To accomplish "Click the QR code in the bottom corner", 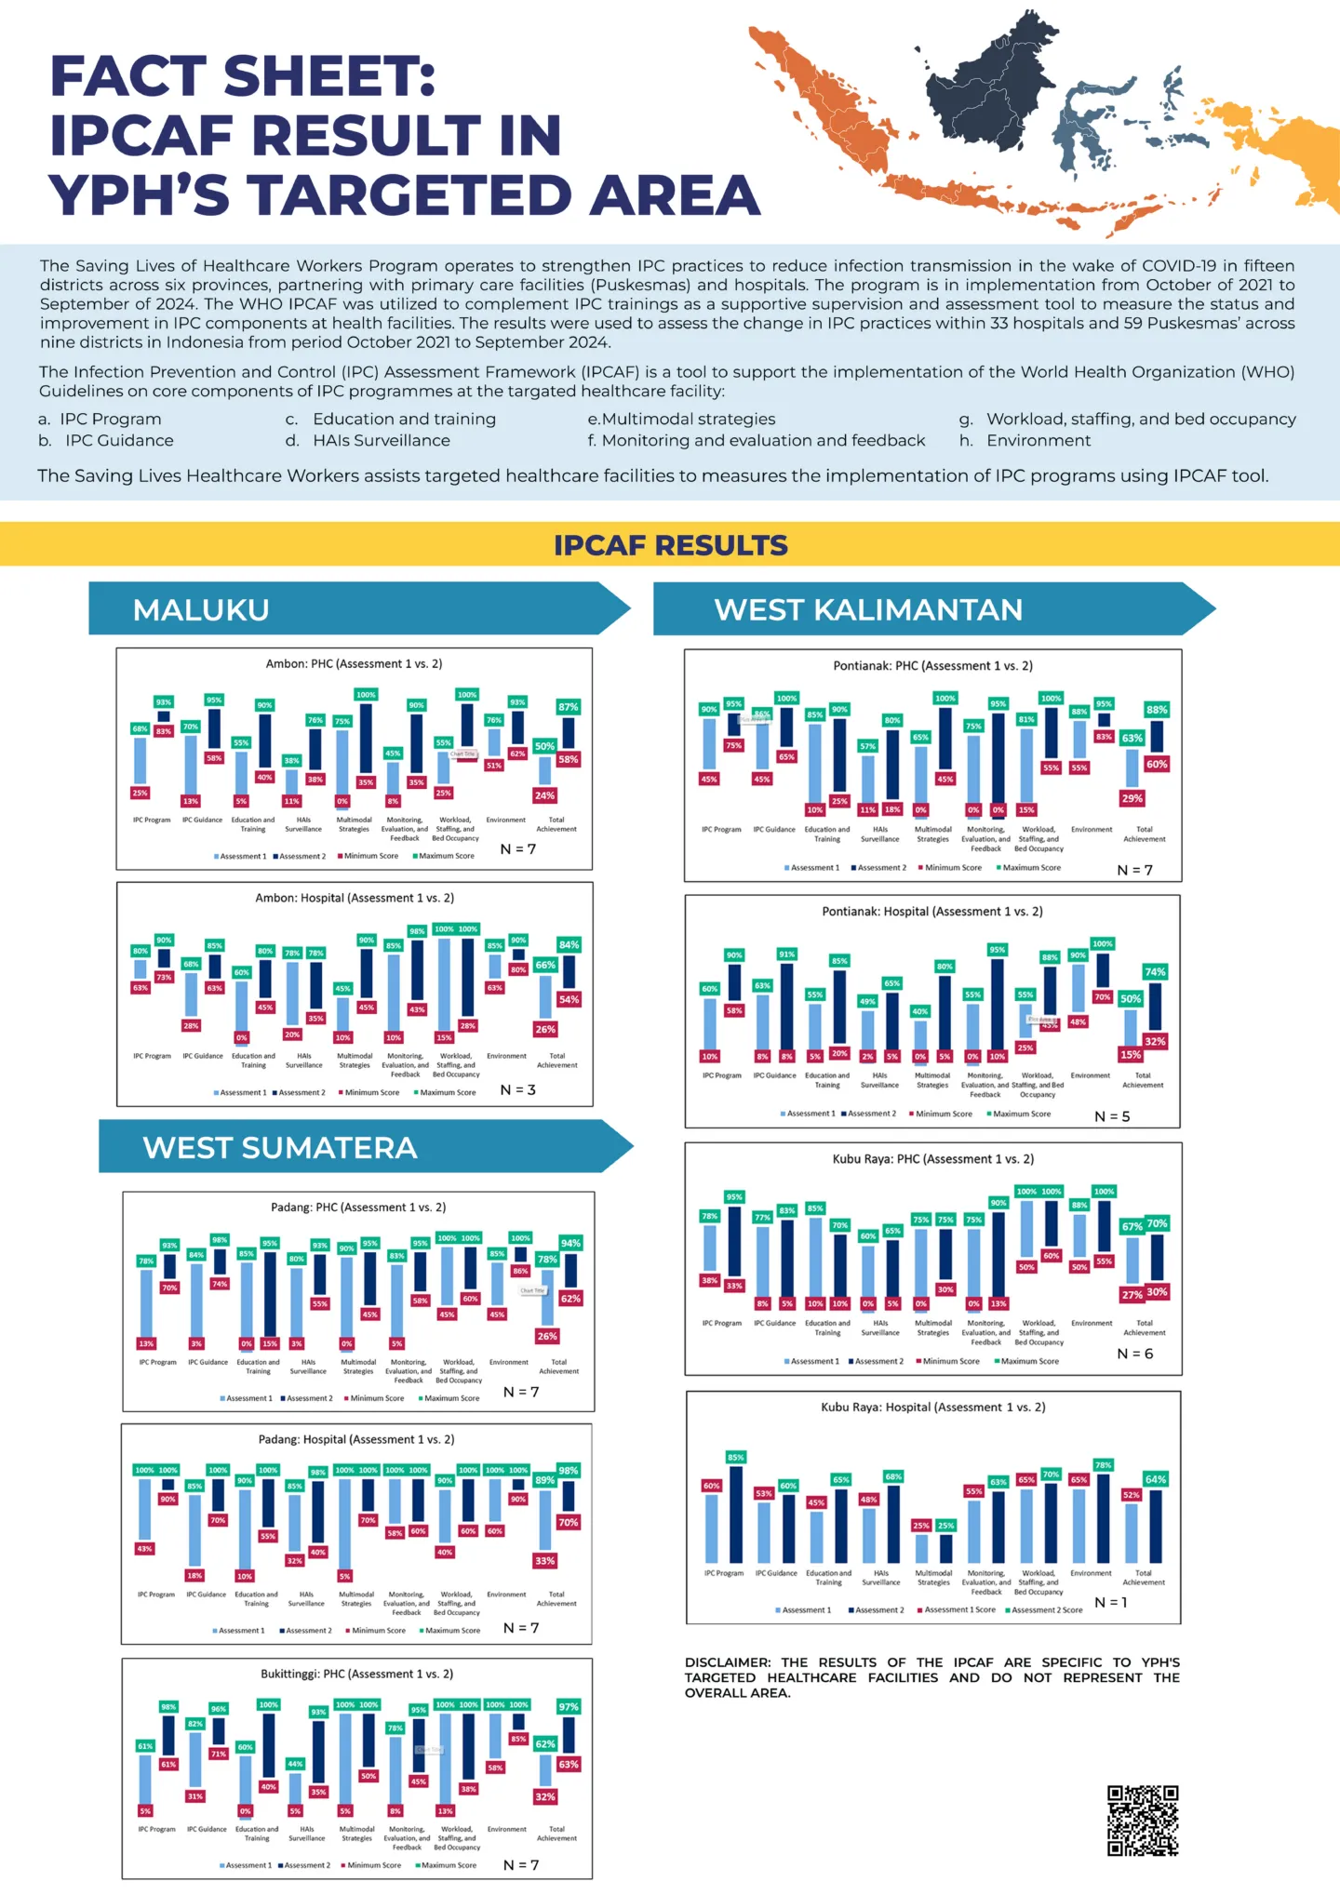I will [x=1143, y=1821].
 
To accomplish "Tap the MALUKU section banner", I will [x=201, y=609].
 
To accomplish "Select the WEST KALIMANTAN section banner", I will [x=867, y=609].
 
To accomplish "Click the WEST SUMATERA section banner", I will [x=279, y=1147].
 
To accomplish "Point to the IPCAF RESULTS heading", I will [x=670, y=545].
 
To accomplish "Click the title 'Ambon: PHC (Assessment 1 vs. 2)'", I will [x=354, y=664].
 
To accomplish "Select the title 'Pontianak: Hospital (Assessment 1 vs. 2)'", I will [x=931, y=912].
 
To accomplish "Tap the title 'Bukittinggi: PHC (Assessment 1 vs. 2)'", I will [x=356, y=1674].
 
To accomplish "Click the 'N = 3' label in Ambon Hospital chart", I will [x=518, y=1089].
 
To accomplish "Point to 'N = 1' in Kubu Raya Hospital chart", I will [x=1111, y=1602].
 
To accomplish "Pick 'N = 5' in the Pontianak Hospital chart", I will [x=1112, y=1116].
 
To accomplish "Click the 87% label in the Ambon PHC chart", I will [x=568, y=707].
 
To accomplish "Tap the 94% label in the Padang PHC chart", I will [x=570, y=1243].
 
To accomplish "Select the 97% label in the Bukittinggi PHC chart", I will [x=569, y=1706].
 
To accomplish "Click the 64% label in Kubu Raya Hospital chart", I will [x=1156, y=1479].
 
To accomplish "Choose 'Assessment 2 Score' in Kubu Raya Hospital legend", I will [x=1046, y=1609].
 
